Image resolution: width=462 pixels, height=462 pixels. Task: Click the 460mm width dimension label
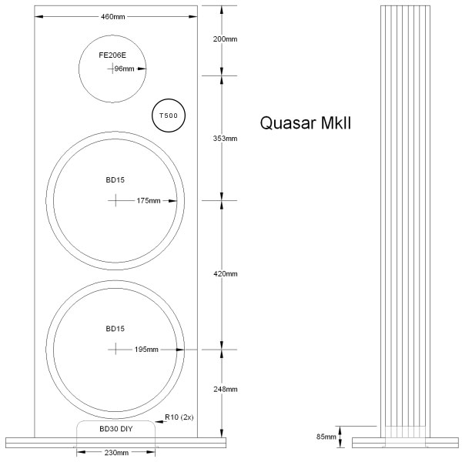114,17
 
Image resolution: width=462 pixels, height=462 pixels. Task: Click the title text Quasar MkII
306,122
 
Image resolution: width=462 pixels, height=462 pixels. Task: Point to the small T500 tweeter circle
167,115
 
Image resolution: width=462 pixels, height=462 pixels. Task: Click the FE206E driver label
112,55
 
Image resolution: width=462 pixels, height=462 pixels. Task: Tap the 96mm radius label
124,69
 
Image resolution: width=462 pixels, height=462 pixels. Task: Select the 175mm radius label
148,201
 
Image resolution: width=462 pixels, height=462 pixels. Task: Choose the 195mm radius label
146,349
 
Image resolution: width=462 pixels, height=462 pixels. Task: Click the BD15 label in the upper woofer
115,180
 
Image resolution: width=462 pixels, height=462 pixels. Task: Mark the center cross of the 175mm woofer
115,200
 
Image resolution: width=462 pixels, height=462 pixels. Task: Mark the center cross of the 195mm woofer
115,349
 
